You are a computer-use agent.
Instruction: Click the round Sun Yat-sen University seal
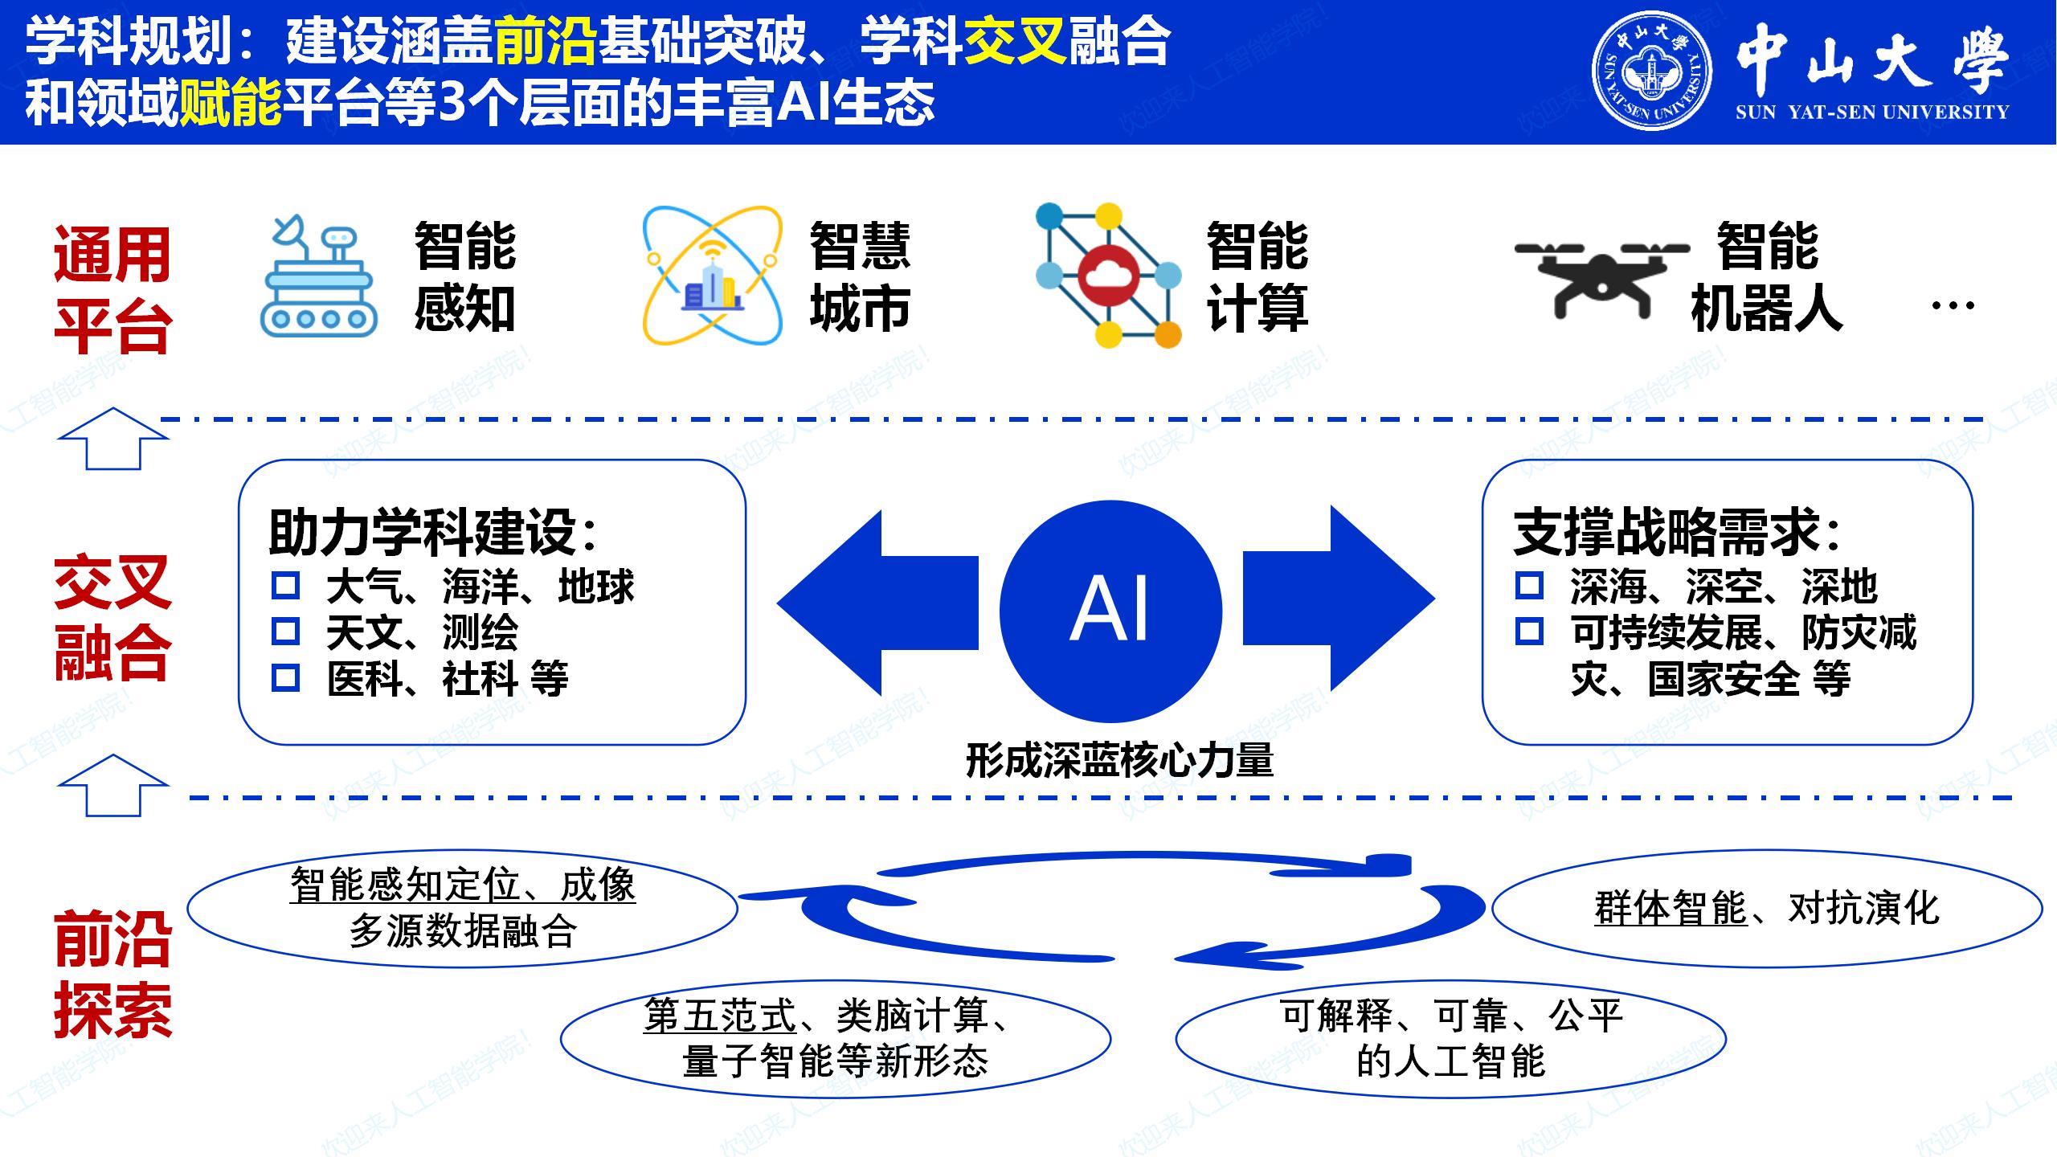(x=1651, y=71)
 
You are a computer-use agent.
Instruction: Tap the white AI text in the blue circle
(x=1110, y=610)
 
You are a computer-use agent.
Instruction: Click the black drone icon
(x=1601, y=278)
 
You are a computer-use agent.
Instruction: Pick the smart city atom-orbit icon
(x=712, y=276)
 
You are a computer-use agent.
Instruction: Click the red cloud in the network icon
(x=1108, y=276)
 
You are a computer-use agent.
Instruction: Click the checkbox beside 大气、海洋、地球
(x=285, y=586)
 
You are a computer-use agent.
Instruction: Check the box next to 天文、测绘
(x=285, y=632)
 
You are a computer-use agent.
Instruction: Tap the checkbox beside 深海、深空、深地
(x=1528, y=586)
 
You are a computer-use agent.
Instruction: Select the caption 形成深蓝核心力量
(x=1119, y=760)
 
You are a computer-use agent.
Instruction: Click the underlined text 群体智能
(x=1671, y=909)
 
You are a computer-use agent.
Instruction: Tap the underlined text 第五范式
(x=719, y=1016)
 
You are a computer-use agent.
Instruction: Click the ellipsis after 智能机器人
(x=1952, y=305)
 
